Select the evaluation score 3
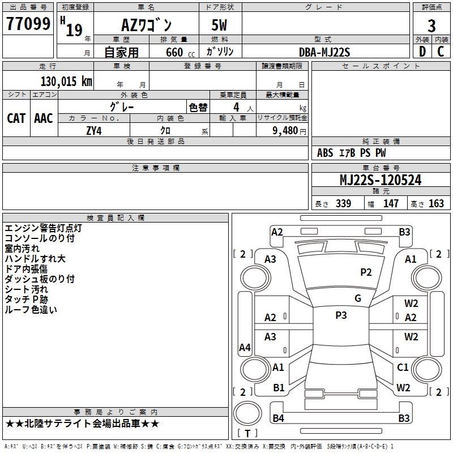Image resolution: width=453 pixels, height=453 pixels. coord(431,26)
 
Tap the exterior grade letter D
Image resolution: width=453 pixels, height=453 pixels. coord(422,52)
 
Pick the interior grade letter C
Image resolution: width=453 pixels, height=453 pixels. coord(441,52)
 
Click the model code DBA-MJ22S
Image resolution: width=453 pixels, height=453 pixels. coord(324,52)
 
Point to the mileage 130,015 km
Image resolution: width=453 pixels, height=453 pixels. coord(66,81)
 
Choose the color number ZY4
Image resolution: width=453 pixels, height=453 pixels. coord(94,130)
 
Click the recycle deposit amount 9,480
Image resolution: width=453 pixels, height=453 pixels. coord(284,131)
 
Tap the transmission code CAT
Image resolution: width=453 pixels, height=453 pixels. coord(16,118)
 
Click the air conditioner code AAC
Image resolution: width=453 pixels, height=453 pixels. coord(44,118)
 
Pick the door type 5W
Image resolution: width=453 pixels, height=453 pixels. coord(220,26)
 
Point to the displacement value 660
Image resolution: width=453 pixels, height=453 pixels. coord(174,52)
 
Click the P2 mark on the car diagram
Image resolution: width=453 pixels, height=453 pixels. coord(366,272)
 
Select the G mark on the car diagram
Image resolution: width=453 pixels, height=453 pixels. coord(358,298)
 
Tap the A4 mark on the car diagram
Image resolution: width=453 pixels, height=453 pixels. coord(245,348)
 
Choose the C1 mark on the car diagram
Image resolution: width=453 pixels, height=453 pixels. coord(403,367)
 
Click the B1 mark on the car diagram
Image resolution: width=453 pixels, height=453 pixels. coord(279,388)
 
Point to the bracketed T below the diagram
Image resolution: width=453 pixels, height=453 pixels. coord(247,434)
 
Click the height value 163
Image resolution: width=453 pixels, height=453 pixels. coord(436,204)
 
